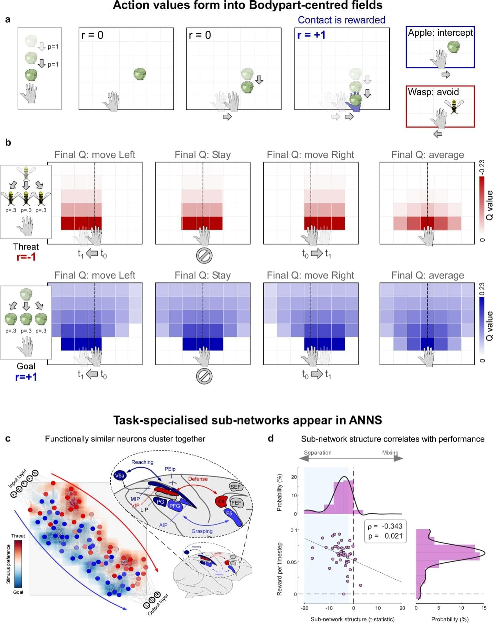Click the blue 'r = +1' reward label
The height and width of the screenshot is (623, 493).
tap(311, 35)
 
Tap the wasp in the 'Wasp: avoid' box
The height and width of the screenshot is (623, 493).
tap(454, 106)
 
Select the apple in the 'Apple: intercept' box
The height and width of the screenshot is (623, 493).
tap(453, 47)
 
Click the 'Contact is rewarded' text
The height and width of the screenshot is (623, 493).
tap(341, 20)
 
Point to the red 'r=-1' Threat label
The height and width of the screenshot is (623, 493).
tap(26, 257)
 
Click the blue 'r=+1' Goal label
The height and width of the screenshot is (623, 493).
tap(26, 377)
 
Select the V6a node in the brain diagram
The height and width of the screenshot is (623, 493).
tap(119, 476)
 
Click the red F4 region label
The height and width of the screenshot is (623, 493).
tap(221, 501)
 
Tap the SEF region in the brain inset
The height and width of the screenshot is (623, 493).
tap(235, 487)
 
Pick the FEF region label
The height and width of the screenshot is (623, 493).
tap(236, 503)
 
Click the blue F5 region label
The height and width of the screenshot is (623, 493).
tap(229, 513)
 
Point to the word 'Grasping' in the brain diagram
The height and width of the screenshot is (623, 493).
tap(202, 531)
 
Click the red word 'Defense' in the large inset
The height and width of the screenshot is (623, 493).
tap(198, 479)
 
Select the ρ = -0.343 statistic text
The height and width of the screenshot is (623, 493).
tap(385, 526)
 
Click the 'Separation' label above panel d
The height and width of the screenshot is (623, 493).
tap(318, 452)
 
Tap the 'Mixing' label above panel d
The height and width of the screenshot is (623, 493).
tap(390, 452)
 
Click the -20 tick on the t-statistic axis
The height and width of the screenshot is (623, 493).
tap(304, 608)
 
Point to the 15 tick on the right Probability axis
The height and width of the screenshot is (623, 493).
tap(484, 608)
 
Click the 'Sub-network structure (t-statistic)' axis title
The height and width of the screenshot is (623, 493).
tap(352, 619)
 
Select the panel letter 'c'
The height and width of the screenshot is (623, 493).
tap(8, 438)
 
